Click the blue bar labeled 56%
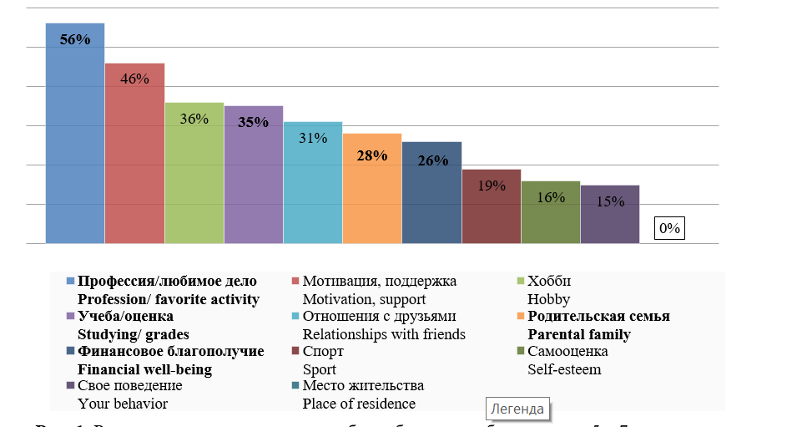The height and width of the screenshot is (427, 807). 74,134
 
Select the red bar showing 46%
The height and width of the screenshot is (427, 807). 134,154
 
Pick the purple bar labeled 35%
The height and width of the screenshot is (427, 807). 253,175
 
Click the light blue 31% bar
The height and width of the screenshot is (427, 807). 313,183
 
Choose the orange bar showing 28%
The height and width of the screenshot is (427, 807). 372,189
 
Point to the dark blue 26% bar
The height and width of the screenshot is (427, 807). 431,193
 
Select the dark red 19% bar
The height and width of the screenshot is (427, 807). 492,206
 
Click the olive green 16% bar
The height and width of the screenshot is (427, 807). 551,212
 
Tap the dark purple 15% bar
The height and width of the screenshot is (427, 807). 610,215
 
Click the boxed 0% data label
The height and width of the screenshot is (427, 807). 670,227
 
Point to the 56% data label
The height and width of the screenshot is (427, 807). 75,38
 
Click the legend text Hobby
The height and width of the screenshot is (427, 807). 549,299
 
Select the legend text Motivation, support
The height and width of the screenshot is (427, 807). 364,299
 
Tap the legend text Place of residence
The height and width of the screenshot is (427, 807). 359,404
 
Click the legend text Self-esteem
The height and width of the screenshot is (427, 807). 565,369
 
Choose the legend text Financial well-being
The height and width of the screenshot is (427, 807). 144,369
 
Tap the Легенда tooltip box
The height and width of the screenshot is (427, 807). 517,409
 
